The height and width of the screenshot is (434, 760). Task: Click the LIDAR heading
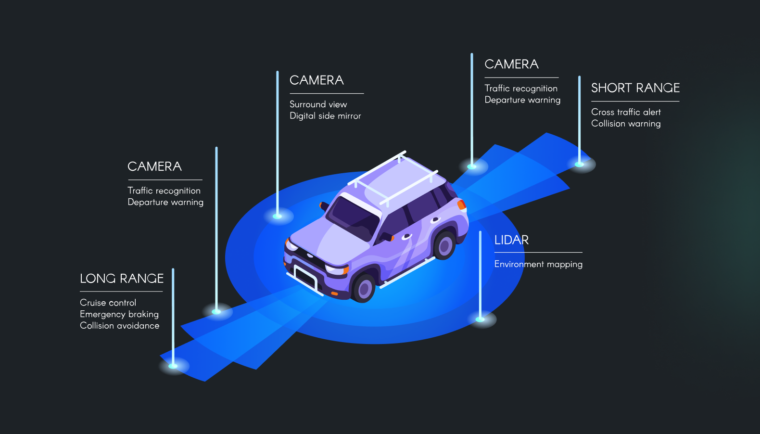coord(511,240)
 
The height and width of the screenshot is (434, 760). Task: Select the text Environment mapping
coord(538,264)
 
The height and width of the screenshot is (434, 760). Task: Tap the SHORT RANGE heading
coord(635,88)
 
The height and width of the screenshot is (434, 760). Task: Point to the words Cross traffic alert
coord(626,112)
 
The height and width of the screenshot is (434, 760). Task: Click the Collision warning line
coord(626,124)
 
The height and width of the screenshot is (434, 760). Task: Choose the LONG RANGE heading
coord(122,279)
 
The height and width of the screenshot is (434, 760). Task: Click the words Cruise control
coord(108,303)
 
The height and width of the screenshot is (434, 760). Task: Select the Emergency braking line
coord(119,314)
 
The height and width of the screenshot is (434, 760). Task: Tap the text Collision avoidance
coord(119,326)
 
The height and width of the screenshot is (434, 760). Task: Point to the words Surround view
coord(318,104)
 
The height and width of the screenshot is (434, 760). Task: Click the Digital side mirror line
coord(325,116)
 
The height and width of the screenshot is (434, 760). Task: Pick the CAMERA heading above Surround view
coord(317,80)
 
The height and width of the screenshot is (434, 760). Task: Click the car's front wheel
coord(364,288)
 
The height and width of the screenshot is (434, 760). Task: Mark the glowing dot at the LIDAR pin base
coord(480,319)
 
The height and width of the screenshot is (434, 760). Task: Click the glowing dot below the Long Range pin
coord(173,366)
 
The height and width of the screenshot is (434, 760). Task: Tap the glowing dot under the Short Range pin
coord(580,165)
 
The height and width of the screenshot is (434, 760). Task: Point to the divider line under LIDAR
coord(538,252)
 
